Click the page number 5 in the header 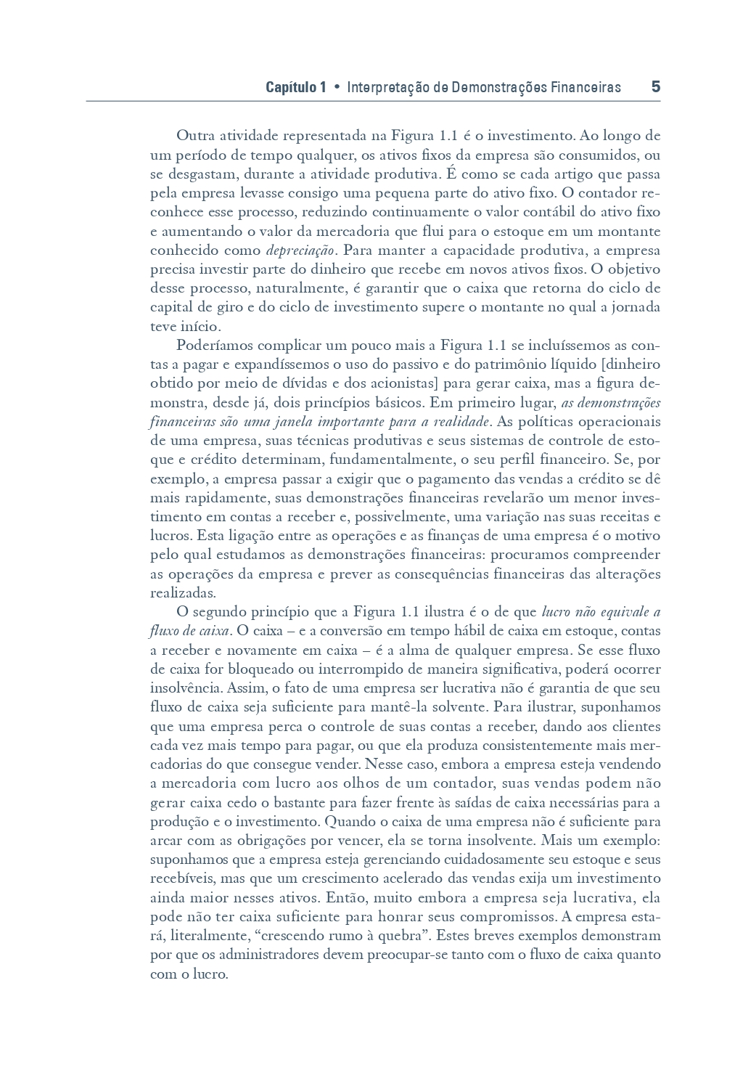click(x=655, y=87)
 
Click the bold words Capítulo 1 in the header click(x=295, y=88)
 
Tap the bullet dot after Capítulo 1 click(x=337, y=88)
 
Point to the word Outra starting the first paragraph click(x=194, y=136)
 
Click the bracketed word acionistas click(x=406, y=383)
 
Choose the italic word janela click(x=295, y=422)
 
